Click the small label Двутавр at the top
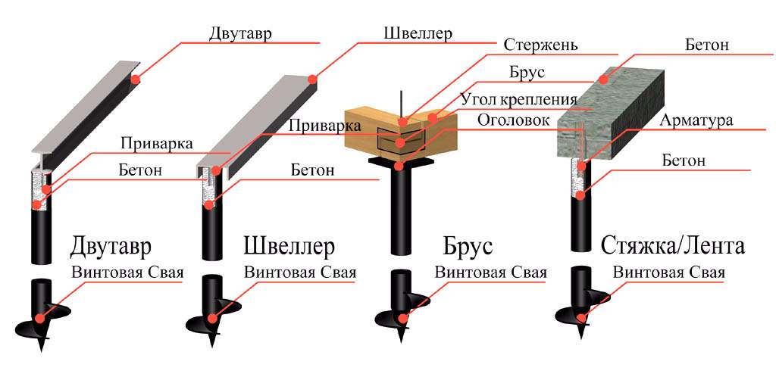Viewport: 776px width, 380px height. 240,35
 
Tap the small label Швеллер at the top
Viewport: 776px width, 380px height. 418,34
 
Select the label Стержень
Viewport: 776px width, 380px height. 541,45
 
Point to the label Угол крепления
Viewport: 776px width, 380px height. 518,99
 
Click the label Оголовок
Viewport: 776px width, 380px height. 514,120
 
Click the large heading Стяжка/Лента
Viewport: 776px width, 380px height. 673,245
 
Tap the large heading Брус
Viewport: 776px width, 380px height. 468,246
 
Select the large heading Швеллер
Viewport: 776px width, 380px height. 289,245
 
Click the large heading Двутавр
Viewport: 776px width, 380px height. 111,245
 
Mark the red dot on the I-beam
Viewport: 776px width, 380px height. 135,79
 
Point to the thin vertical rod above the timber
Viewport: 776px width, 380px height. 402,104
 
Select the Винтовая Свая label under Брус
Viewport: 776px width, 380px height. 490,273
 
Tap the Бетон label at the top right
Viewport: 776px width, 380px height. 707,45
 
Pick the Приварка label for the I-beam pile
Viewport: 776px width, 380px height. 156,145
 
